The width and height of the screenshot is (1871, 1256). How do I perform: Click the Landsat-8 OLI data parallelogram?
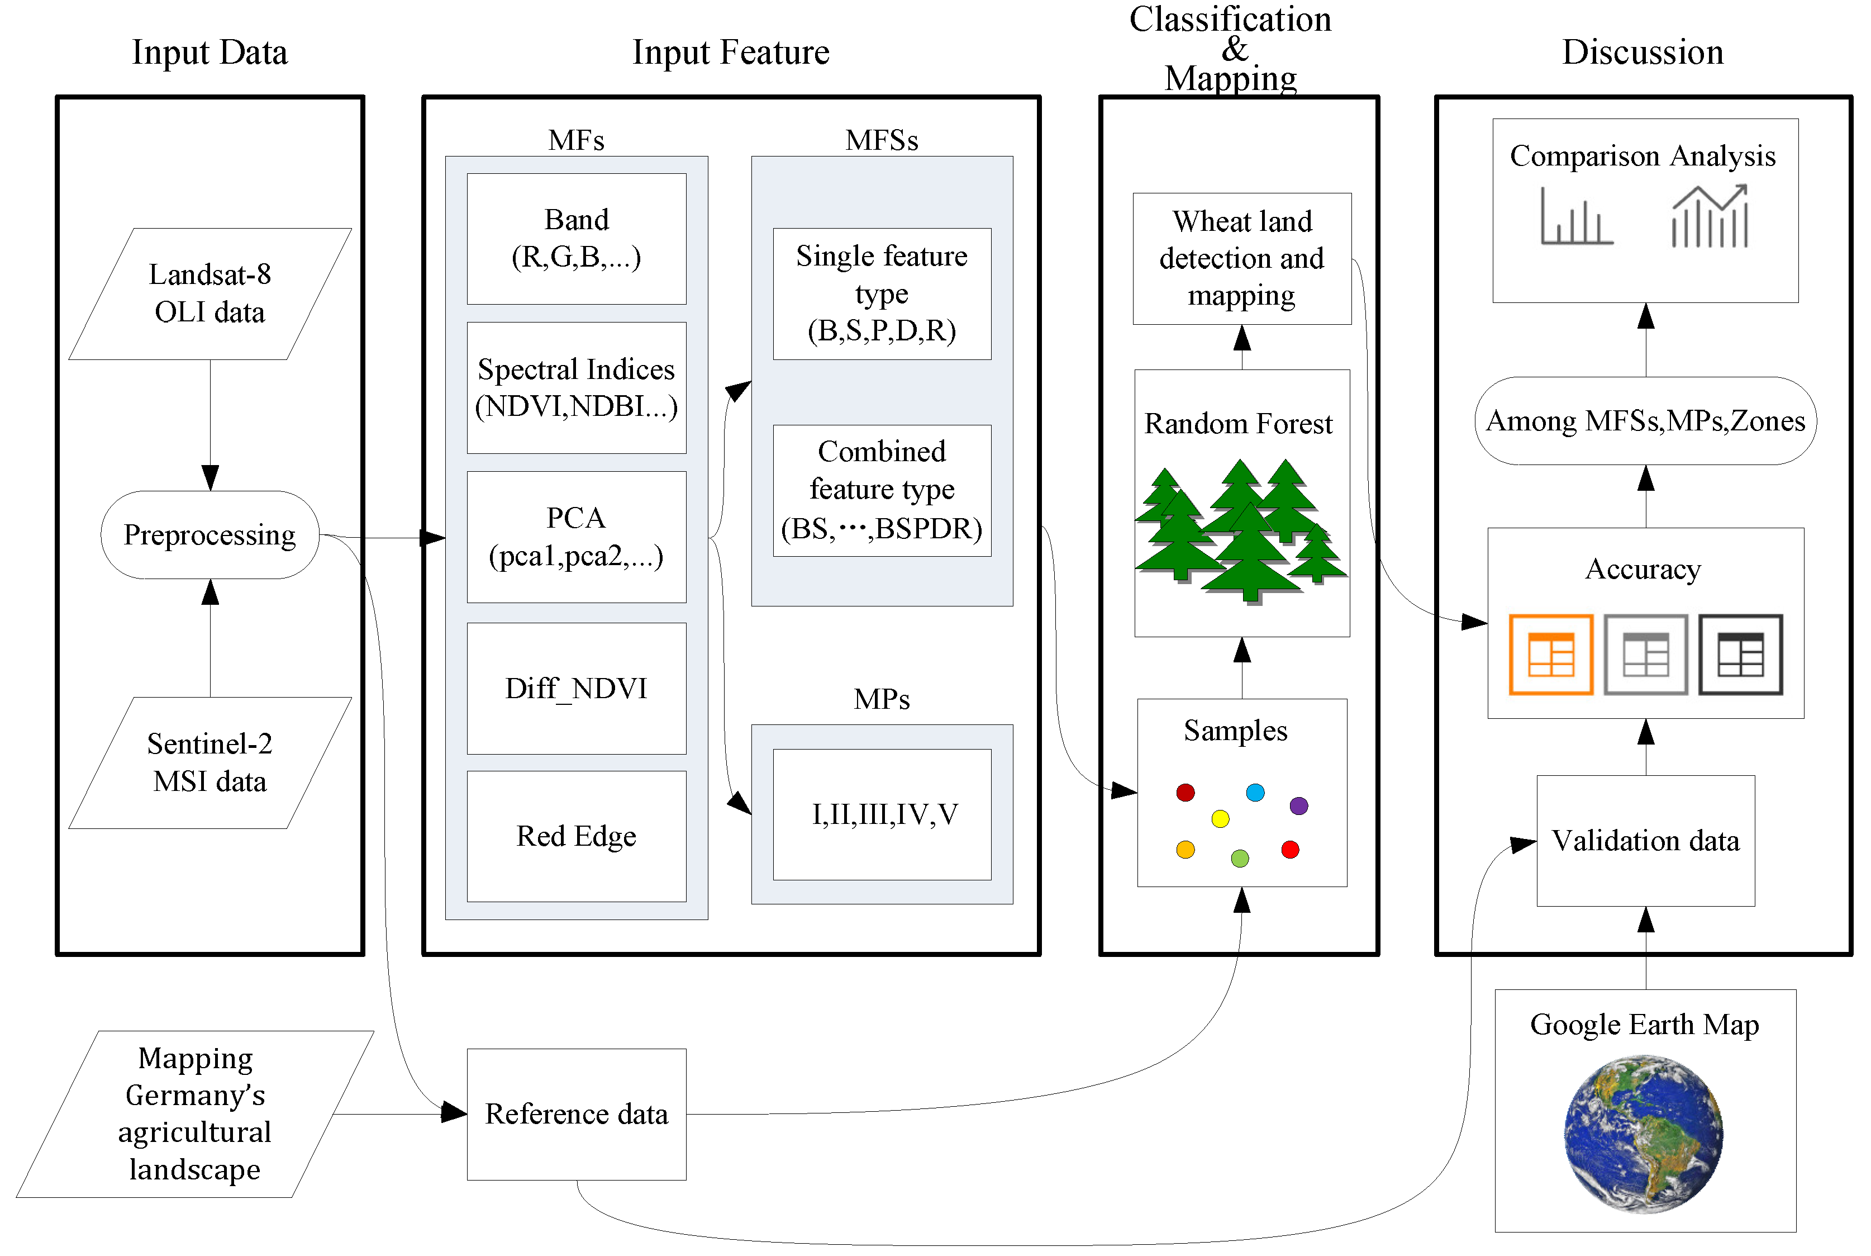tap(210, 294)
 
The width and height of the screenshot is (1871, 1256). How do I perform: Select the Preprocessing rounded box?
tap(210, 535)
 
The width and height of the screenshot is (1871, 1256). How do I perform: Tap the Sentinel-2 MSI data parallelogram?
tap(210, 762)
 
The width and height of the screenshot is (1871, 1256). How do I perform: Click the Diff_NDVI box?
tap(577, 688)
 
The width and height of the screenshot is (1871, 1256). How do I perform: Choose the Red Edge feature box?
tap(577, 836)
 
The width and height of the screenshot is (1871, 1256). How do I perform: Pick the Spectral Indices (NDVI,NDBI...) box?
tap(577, 388)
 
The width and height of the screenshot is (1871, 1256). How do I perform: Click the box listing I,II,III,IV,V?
tap(882, 814)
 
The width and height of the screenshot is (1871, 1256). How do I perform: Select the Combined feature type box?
tap(882, 490)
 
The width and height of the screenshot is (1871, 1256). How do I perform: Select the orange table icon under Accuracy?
tap(1551, 655)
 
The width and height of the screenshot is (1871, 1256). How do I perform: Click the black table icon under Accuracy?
tap(1740, 655)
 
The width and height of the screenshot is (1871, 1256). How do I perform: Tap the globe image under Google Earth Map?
tap(1644, 1134)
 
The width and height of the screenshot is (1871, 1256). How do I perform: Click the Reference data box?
tap(577, 1114)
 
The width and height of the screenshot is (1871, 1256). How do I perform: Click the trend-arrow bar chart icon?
tap(1710, 216)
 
